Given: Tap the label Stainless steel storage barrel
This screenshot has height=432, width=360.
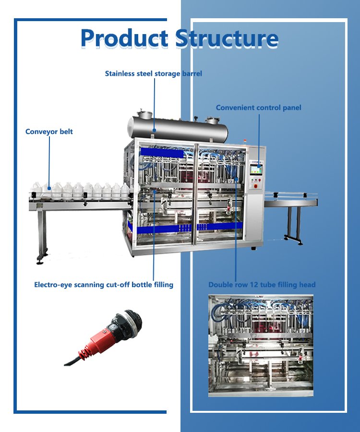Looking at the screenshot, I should [x=154, y=73].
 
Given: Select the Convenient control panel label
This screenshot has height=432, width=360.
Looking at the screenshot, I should [x=258, y=108].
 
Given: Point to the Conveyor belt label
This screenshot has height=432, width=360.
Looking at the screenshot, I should [x=49, y=132].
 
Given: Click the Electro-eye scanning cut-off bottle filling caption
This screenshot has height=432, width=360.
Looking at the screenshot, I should [x=104, y=285].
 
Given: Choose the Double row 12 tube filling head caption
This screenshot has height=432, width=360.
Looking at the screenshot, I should [x=262, y=285].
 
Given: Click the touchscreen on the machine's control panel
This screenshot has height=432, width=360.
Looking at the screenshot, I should [x=258, y=168].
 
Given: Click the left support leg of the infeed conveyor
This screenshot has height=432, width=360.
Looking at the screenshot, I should [x=42, y=235].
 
